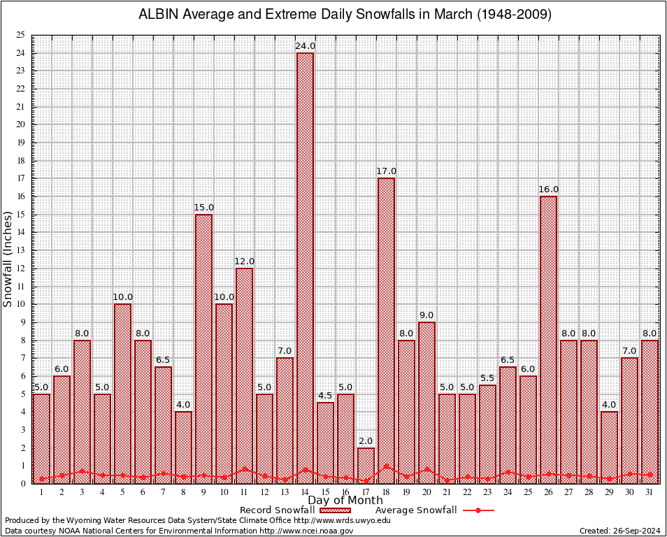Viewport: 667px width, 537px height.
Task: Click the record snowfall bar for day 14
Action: [305, 266]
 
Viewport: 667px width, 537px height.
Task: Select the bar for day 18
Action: [386, 329]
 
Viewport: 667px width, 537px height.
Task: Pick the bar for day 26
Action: [548, 336]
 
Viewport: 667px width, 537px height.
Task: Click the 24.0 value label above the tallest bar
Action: [305, 46]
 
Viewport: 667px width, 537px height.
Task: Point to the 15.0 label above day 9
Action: [203, 208]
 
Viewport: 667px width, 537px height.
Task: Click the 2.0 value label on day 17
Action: [366, 441]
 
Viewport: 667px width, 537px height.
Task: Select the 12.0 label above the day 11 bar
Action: [244, 262]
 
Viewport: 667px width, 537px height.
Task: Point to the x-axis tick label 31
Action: [650, 492]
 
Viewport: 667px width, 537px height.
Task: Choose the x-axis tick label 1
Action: [41, 492]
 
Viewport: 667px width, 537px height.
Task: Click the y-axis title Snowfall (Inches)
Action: [8, 259]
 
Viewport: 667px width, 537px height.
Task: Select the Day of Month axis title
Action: [345, 501]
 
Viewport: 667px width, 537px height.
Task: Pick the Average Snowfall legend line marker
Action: [478, 510]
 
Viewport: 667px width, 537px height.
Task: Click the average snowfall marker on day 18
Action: [386, 466]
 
